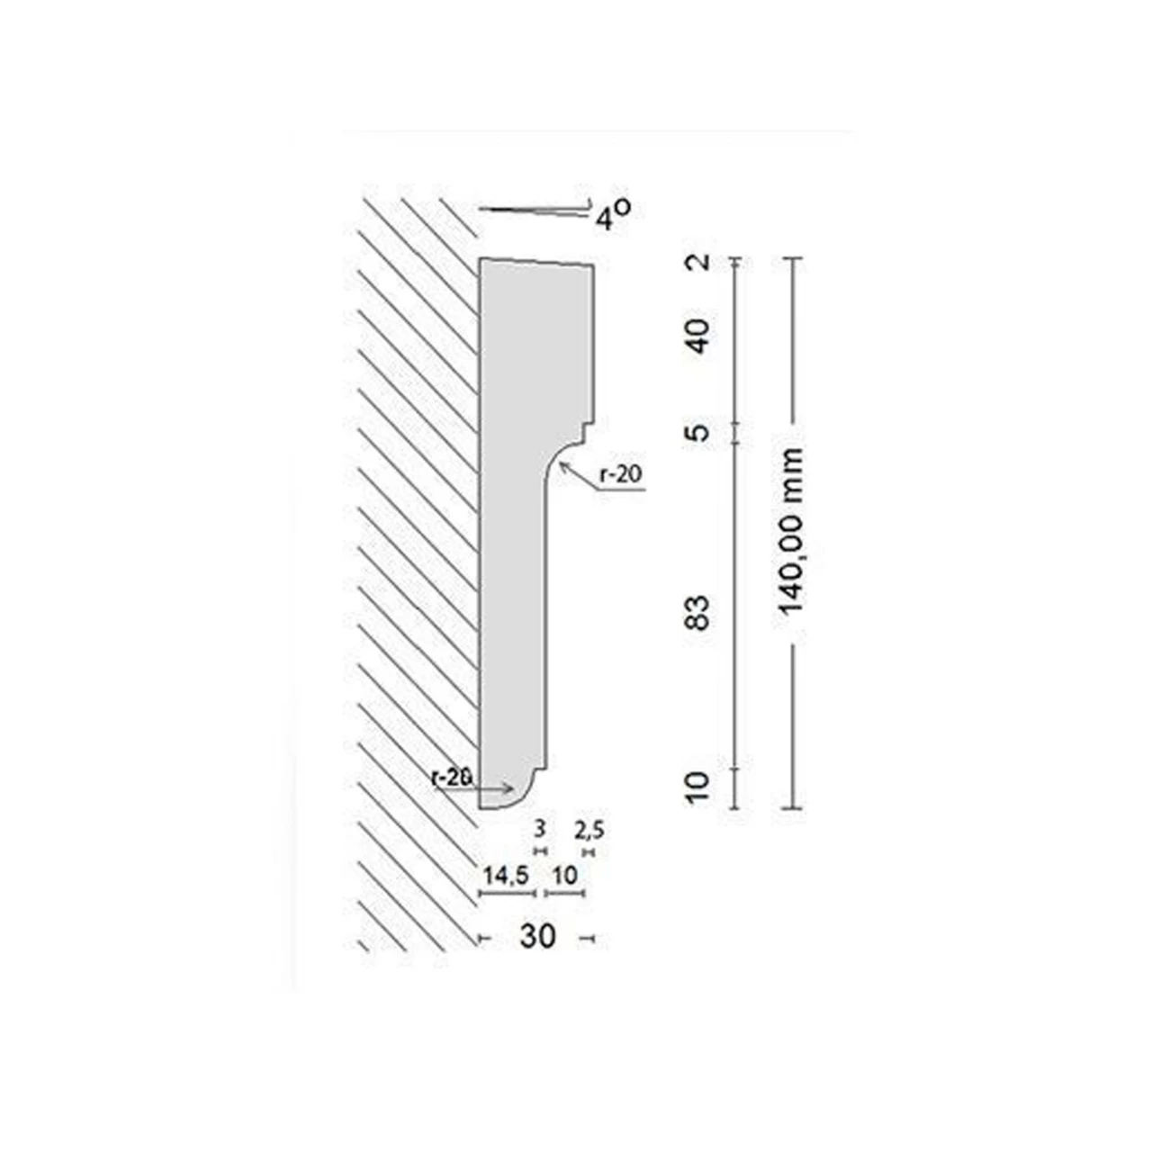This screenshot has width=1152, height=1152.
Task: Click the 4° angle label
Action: (612, 216)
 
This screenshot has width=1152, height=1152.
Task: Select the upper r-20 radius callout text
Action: (622, 474)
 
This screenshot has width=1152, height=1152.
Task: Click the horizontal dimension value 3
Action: (540, 830)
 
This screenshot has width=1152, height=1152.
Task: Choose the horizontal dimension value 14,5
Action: (505, 875)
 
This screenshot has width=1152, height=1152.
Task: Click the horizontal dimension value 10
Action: (565, 875)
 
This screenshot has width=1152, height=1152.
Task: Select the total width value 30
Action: (537, 937)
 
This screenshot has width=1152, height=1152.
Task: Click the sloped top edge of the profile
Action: (535, 262)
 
